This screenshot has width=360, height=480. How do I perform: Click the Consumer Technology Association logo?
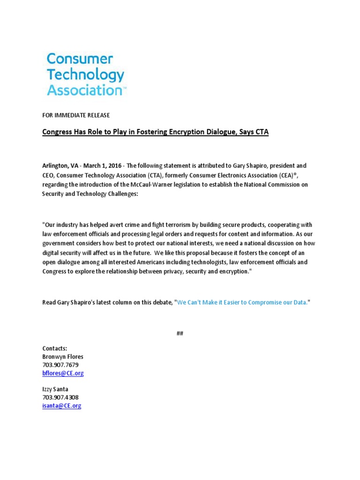click(86, 74)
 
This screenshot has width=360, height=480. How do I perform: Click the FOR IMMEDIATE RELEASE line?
click(76, 115)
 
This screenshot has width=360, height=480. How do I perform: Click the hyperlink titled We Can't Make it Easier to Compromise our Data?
click(242, 303)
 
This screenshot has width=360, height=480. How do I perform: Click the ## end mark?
click(180, 334)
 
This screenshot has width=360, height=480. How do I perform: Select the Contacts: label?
click(55, 348)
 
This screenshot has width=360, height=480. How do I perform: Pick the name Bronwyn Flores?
click(63, 357)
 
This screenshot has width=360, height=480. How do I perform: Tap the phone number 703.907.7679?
click(60, 365)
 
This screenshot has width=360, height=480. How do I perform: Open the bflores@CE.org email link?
click(63, 374)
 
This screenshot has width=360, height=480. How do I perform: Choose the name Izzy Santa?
click(55, 390)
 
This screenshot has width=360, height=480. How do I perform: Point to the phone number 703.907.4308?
click(60, 397)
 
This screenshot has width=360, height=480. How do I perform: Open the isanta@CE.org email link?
click(61, 406)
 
